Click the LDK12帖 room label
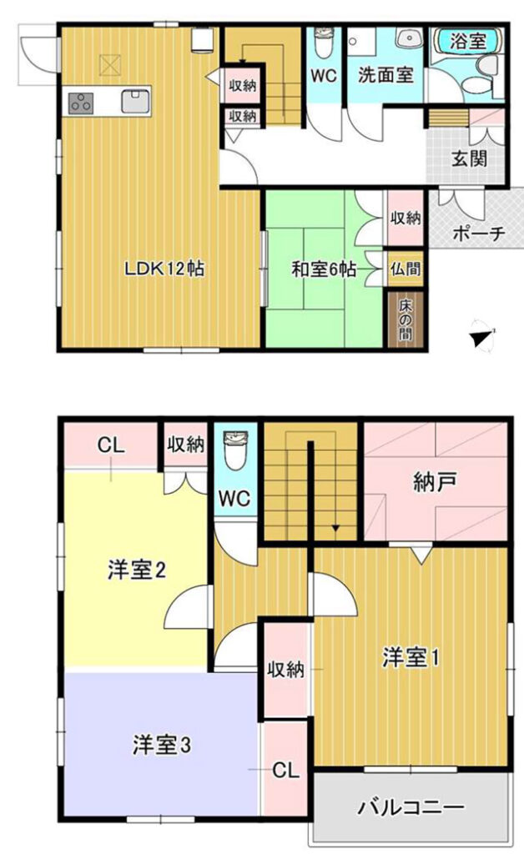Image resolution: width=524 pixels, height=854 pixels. point(164,269)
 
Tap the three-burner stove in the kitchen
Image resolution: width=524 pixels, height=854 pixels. point(81,103)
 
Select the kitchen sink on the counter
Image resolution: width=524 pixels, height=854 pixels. point(136,101)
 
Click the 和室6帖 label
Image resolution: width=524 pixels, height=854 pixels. point(324,269)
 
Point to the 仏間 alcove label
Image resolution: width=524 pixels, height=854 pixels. point(406,269)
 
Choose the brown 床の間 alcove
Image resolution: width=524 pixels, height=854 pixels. point(405,319)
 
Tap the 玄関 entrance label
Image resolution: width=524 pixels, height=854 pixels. point(469,158)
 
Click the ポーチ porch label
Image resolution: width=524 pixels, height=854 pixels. point(479,234)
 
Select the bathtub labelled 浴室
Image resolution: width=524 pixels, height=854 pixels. point(466,42)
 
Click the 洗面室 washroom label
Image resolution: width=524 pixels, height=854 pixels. point(385,74)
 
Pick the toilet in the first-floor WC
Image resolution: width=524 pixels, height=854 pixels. point(323,43)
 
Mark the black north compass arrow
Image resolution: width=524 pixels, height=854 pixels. point(481,339)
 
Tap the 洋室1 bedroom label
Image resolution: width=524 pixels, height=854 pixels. point(411,657)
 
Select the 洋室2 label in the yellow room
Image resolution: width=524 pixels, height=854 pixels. point(136,570)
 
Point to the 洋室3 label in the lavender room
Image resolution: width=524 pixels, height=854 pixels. point(162,746)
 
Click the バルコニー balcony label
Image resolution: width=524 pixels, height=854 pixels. point(411,807)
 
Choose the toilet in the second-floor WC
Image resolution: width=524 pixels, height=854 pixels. point(236,451)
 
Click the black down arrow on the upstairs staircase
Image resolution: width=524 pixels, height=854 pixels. point(335,528)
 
